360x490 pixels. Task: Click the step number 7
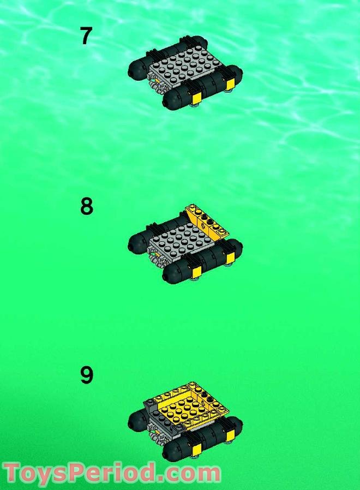86,37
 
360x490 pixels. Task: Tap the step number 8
86,207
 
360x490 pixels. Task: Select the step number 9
86,375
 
